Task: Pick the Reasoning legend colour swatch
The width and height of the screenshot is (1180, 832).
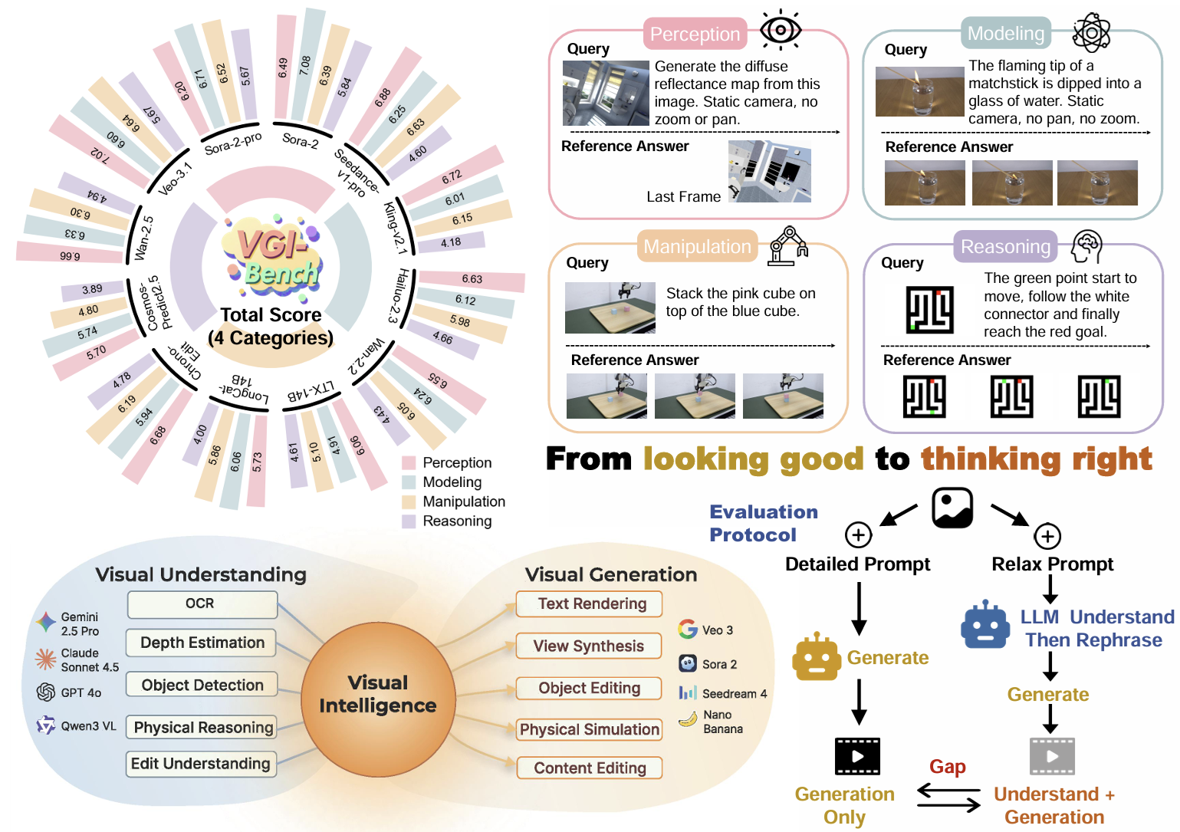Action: coord(409,521)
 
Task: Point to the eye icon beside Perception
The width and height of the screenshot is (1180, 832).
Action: coord(781,29)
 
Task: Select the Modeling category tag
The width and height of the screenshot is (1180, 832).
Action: coord(1006,33)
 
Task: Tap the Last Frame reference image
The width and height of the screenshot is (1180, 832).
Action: coord(770,171)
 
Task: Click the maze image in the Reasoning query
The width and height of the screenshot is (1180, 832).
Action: coord(929,310)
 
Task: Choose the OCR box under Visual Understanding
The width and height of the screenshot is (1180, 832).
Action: coord(202,603)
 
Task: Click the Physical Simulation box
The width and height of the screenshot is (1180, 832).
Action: coord(589,729)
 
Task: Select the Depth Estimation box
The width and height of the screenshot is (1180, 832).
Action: coord(201,643)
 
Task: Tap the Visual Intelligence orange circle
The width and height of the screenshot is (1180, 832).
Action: coord(378,699)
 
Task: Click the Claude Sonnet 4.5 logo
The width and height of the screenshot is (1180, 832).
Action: coord(45,659)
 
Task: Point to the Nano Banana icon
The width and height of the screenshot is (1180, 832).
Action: coord(688,720)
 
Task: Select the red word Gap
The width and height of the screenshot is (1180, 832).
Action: coord(947,767)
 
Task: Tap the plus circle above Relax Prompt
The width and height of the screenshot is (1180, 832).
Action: coord(1047,537)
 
